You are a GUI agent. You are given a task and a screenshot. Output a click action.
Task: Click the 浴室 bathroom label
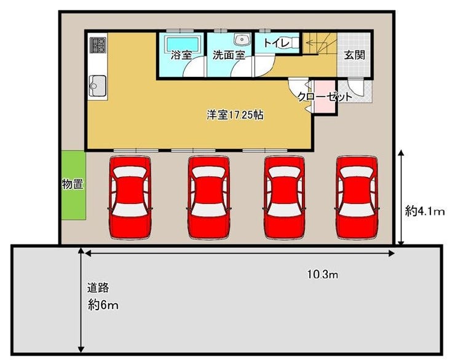click(181, 55)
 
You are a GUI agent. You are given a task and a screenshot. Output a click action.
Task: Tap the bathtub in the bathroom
click(183, 44)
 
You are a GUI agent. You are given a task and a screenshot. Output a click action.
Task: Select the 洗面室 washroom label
click(229, 55)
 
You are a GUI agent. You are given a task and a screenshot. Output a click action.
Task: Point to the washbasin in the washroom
click(242, 40)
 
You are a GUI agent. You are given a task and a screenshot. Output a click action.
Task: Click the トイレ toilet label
click(276, 43)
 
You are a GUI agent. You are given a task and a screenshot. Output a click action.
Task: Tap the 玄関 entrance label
click(354, 55)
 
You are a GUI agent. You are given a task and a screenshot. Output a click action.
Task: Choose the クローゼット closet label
click(325, 96)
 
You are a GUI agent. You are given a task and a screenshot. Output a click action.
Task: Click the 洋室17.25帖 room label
click(235, 115)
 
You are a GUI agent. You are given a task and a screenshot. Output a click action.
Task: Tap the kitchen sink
click(97, 85)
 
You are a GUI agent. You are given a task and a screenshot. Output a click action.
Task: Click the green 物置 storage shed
click(73, 185)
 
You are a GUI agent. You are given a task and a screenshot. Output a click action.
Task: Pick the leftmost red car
click(130, 198)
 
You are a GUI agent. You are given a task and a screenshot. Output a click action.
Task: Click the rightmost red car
click(357, 198)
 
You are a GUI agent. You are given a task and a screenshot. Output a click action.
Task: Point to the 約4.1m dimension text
click(425, 211)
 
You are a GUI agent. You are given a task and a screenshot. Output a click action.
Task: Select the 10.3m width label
click(323, 274)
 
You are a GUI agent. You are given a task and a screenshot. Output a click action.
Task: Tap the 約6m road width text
click(103, 305)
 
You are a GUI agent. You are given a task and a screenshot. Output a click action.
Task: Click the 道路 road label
click(98, 288)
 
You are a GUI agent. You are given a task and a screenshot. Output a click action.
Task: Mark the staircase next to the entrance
click(320, 44)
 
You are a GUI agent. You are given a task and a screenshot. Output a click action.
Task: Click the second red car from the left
click(208, 198)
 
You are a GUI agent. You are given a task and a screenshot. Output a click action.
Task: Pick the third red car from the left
click(285, 198)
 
